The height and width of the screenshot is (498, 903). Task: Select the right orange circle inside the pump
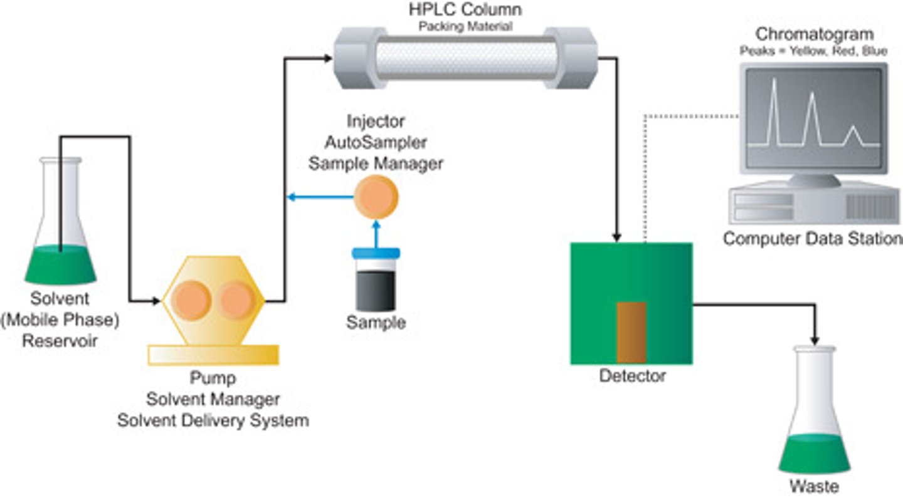click(237, 300)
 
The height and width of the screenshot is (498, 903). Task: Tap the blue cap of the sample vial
click(376, 254)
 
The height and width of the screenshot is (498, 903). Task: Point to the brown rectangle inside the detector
click(631, 333)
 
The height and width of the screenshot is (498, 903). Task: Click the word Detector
click(632, 376)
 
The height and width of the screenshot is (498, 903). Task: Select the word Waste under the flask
click(814, 486)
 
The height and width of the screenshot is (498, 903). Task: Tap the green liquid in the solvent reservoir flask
click(60, 265)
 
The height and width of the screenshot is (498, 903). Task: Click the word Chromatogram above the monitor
click(815, 34)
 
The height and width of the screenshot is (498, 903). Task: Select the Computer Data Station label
click(813, 239)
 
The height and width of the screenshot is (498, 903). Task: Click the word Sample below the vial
click(376, 323)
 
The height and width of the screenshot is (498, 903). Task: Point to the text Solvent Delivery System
click(213, 420)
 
